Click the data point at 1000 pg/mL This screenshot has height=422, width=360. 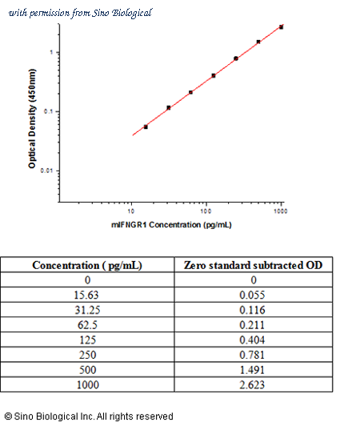pos(281,27)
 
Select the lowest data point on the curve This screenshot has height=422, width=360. pos(146,127)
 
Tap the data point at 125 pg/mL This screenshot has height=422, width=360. pos(214,75)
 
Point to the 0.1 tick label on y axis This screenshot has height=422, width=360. pos(48,111)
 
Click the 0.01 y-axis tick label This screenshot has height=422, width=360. pos(46,171)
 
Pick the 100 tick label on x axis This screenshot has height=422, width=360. pos(206,211)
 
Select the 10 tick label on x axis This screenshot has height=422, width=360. pos(131,211)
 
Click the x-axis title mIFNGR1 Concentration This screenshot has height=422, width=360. pos(171,224)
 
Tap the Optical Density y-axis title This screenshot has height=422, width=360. pos(32,119)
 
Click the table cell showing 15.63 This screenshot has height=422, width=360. pos(87,295)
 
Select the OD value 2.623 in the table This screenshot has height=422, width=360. pos(253,385)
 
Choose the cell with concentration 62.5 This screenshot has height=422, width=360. pos(87,325)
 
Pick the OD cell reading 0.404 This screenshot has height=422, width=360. pos(253,340)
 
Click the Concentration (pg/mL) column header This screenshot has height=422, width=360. pos(87,265)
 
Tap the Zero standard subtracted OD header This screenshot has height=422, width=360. pos(253,265)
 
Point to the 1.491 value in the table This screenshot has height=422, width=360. pos(253,370)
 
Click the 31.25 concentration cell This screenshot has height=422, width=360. pos(87,310)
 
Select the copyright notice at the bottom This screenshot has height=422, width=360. pos(89,416)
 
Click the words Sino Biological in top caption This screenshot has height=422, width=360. pos(122,13)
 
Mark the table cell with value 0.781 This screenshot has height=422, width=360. pos(253,355)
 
